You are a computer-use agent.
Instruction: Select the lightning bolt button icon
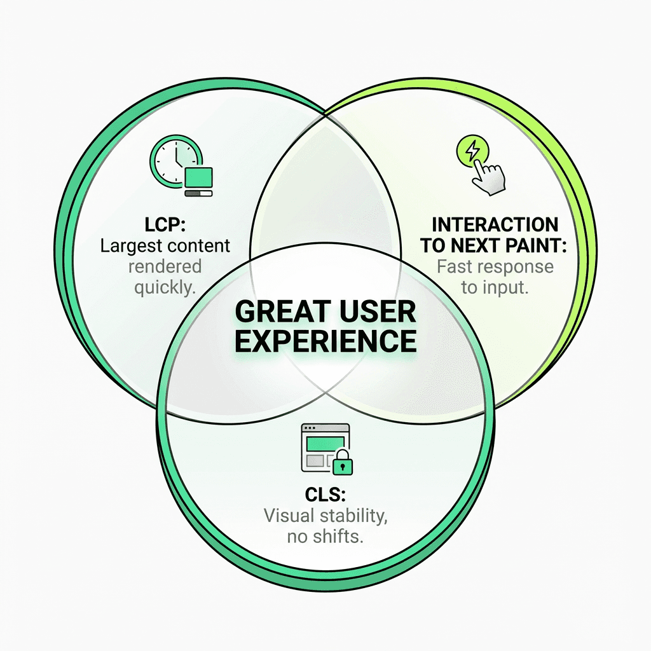pyautogui.click(x=471, y=151)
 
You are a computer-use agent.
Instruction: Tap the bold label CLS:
pyautogui.click(x=325, y=494)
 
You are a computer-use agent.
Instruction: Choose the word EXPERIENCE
pyautogui.click(x=325, y=341)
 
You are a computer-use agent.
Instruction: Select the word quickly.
pyautogui.click(x=164, y=287)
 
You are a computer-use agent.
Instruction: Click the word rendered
pyautogui.click(x=165, y=266)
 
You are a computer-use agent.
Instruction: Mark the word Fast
pyautogui.click(x=454, y=266)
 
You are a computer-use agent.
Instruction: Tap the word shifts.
pyautogui.click(x=338, y=536)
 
